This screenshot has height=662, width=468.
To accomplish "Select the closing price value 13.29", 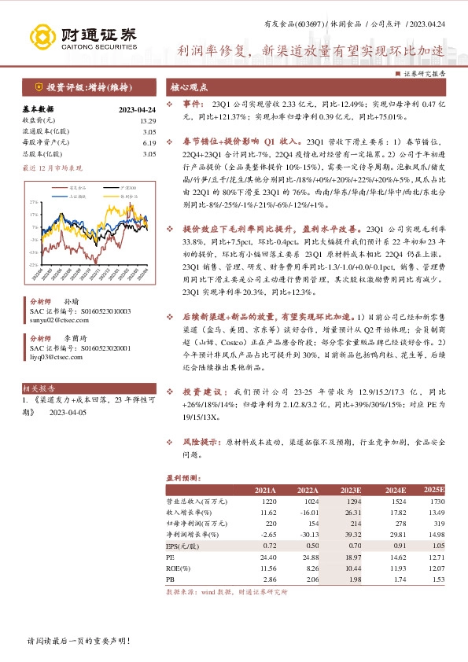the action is click(148, 121).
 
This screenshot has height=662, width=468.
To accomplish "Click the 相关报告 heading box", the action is click(39, 388).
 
